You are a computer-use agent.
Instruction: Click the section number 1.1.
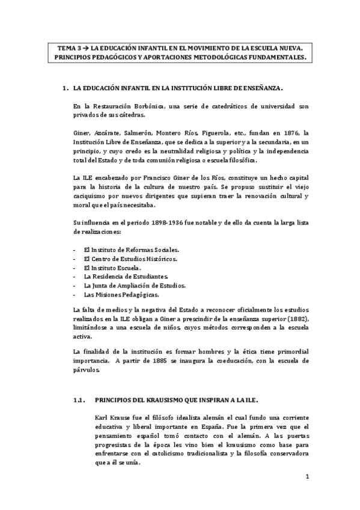click(78, 399)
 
